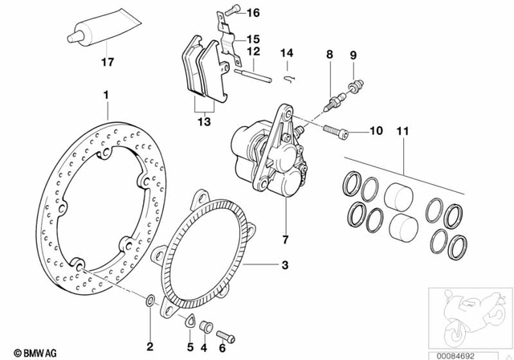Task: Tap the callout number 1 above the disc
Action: click(x=105, y=95)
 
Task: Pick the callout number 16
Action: click(x=253, y=12)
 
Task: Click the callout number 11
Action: click(x=402, y=130)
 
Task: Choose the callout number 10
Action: click(x=377, y=130)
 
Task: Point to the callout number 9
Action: click(x=351, y=55)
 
